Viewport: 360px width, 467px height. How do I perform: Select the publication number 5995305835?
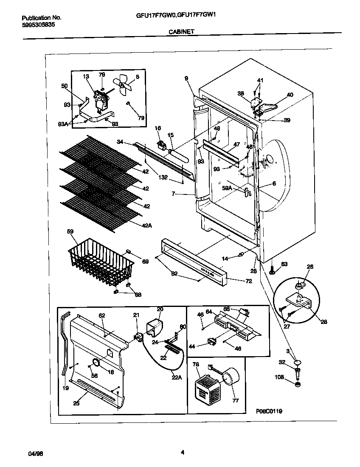38,25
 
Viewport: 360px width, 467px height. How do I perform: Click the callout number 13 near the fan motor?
86,76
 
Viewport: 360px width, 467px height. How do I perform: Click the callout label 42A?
147,226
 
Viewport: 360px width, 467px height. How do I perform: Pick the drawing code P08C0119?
269,411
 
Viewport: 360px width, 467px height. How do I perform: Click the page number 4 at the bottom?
182,453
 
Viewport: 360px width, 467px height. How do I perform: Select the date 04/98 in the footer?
36,454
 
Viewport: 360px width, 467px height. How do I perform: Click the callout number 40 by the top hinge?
290,95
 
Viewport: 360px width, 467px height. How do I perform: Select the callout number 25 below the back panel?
76,403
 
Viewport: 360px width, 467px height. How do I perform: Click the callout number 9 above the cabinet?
186,78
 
